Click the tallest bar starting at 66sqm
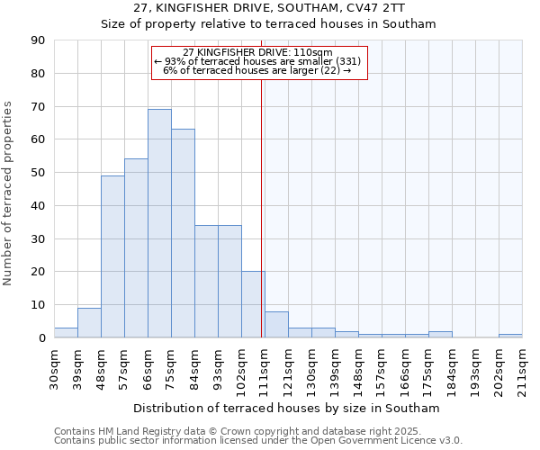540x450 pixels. [x=159, y=223]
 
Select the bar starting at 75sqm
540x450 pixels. [x=183, y=233]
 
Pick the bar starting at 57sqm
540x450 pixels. [x=136, y=248]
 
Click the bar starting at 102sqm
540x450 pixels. [x=253, y=304]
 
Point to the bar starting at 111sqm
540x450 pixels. [x=276, y=325]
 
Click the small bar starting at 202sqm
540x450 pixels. [x=510, y=336]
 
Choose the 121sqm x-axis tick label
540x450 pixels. [x=289, y=369]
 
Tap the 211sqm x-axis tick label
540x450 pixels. [x=523, y=369]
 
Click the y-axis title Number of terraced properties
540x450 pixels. [x=9, y=193]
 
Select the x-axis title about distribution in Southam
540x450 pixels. [x=287, y=408]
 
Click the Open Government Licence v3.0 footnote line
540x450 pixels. [x=258, y=440]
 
